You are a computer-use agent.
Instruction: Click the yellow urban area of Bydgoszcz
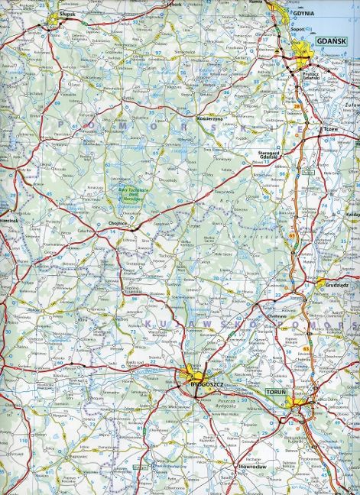195,375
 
